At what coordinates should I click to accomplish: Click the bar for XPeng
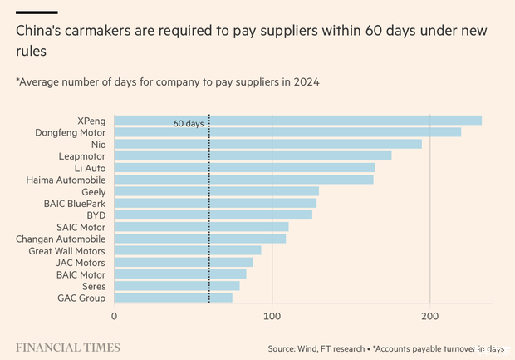coord(297,121)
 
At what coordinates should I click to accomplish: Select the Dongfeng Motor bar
coord(287,132)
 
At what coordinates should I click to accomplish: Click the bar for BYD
coord(213,215)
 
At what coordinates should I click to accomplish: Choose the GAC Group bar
coord(173,298)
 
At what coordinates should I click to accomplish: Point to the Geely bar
coord(216,191)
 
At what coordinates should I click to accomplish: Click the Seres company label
coord(93,286)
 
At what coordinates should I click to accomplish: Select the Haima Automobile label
coord(66,180)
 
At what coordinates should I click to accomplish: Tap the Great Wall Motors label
coord(66,250)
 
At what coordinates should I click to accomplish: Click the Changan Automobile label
coord(61,239)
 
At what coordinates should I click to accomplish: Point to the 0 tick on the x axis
coord(114,317)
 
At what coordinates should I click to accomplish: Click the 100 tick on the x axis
coord(272,317)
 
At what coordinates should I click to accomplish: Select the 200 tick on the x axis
coord(429,317)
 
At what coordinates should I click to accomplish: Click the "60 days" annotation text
coord(188,123)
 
